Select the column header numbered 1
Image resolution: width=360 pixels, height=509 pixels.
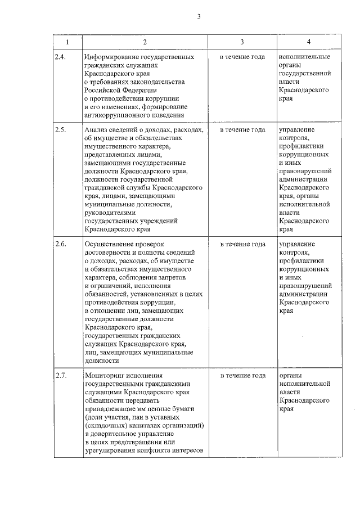pyautogui.click(x=67, y=43)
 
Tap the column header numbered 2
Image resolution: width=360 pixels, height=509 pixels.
pyautogui.click(x=145, y=43)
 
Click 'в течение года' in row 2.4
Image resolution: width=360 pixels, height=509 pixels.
pyautogui.click(x=242, y=57)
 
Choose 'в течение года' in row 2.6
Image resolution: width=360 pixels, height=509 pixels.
pyautogui.click(x=242, y=245)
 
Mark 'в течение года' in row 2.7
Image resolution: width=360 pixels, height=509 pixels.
pyautogui.click(x=242, y=375)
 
